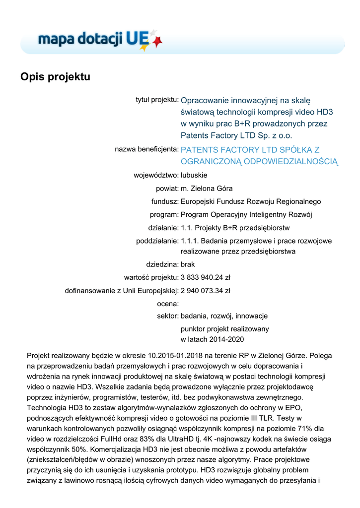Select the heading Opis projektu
click(x=55, y=77)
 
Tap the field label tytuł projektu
click(x=157, y=100)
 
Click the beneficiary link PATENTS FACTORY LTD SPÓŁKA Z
click(x=250, y=149)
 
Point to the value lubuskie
click(x=194, y=175)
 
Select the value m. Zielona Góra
click(x=207, y=189)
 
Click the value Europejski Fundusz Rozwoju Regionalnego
click(x=251, y=201)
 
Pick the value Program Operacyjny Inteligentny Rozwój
click(x=246, y=215)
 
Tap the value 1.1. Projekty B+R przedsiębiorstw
click(x=235, y=228)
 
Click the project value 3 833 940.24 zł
click(x=206, y=277)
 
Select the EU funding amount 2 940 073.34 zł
click(x=206, y=290)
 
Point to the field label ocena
click(x=167, y=303)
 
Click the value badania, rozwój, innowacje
click(x=224, y=316)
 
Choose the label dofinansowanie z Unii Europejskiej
click(x=122, y=290)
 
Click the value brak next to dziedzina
click(x=188, y=264)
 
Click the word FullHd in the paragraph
click(x=117, y=440)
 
